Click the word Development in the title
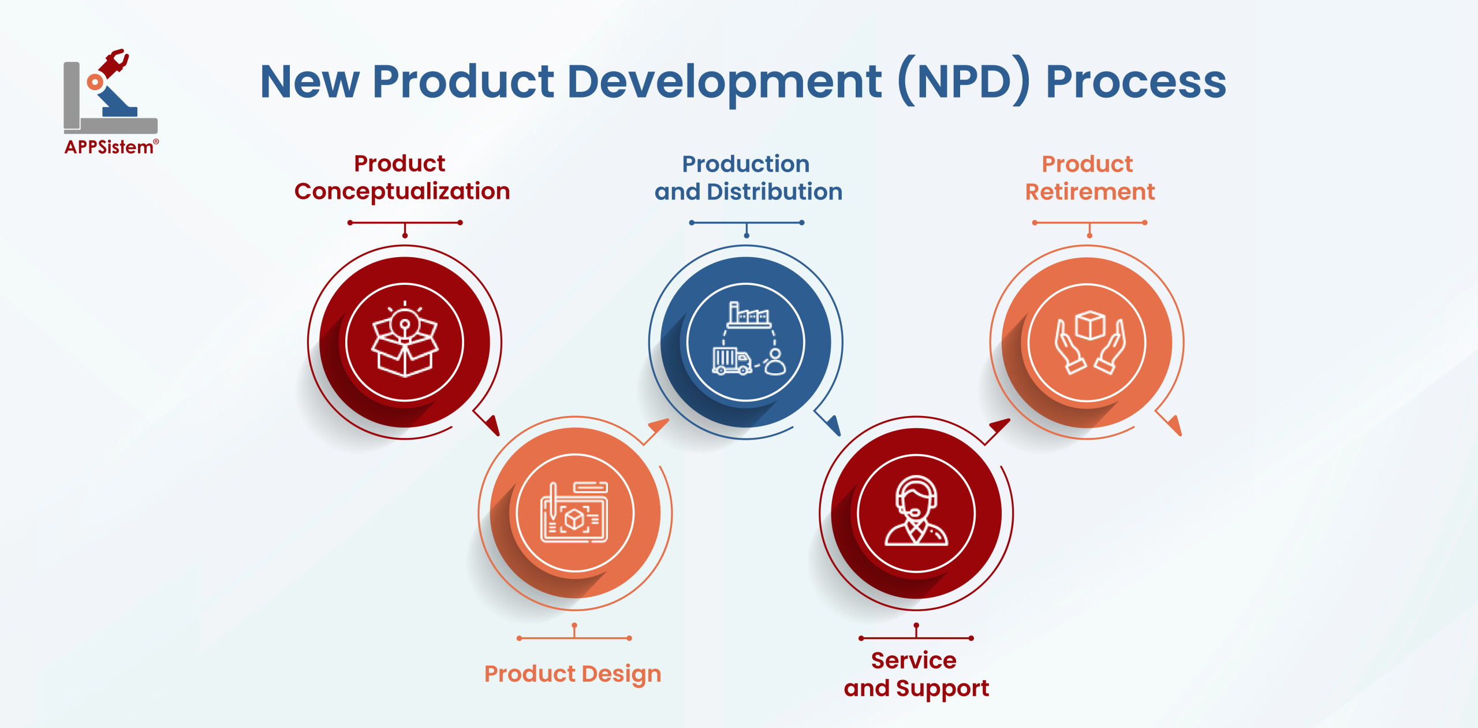click(725, 83)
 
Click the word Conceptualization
click(402, 192)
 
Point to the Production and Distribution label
click(748, 178)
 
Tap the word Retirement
click(1090, 192)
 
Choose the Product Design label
click(573, 674)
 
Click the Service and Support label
click(916, 674)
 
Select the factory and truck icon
click(748, 339)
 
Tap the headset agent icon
click(916, 511)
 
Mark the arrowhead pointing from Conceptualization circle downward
click(491, 425)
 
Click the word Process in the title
click(1136, 83)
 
